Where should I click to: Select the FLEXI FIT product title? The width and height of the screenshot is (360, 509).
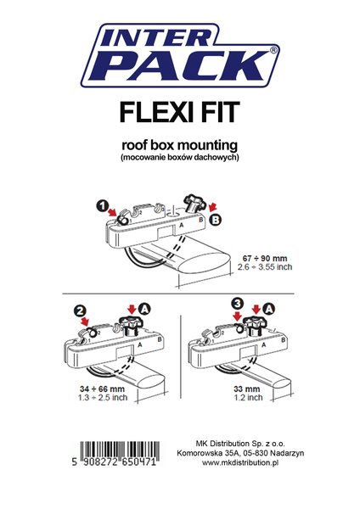coord(179,114)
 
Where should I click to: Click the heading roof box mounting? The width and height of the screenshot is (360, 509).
coord(179,143)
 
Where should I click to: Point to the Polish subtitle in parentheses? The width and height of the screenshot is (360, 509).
coord(179,158)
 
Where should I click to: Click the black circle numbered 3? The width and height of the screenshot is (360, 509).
coord(239,303)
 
